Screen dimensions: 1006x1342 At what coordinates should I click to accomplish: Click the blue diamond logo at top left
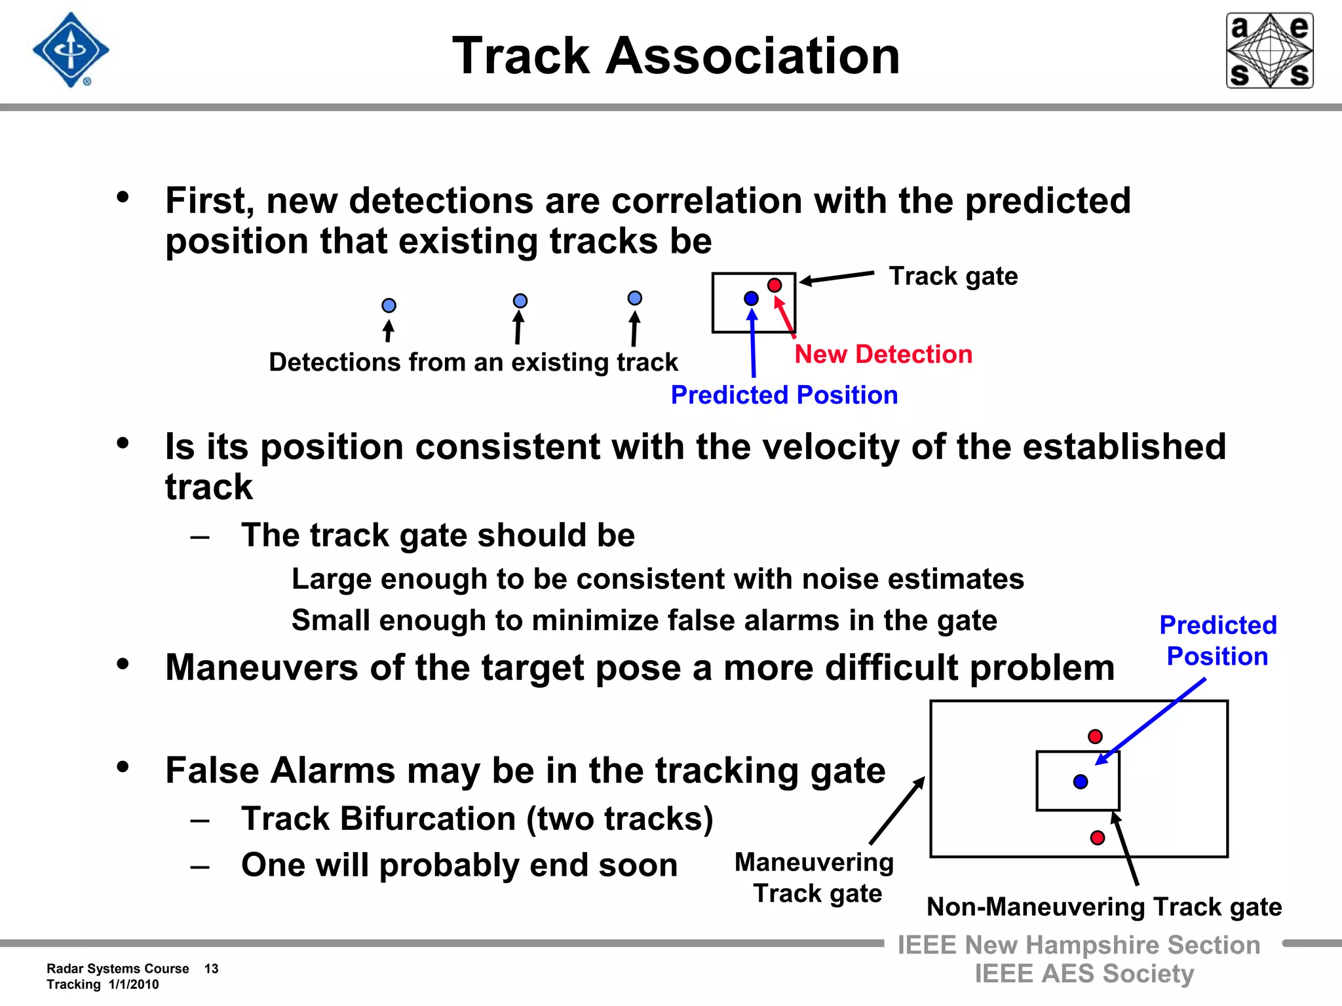click(71, 50)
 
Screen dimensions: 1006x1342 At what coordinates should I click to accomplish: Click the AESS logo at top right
click(1269, 50)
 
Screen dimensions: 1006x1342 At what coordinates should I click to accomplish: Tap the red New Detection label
click(883, 354)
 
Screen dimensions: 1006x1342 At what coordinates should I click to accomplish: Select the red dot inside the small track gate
click(775, 285)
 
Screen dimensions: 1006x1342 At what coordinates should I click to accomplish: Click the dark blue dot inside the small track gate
click(751, 299)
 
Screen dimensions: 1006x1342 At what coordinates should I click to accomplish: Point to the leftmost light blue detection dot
click(389, 305)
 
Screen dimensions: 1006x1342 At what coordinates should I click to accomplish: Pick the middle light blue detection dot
click(520, 301)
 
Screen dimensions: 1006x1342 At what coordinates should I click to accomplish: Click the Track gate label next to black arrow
click(953, 276)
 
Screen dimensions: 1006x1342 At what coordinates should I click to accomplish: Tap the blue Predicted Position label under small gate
click(784, 395)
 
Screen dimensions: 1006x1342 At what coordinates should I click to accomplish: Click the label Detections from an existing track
click(473, 362)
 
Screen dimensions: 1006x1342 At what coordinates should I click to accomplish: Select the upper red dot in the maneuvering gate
click(1095, 736)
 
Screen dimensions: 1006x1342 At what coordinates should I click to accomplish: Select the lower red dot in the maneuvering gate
click(1098, 837)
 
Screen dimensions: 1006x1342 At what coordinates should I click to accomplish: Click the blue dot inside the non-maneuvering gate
click(1081, 781)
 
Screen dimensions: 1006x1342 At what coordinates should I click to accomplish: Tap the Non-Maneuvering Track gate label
click(1103, 907)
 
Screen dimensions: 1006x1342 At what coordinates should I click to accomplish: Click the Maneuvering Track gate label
click(815, 878)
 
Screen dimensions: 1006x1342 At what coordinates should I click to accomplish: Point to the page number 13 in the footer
click(211, 969)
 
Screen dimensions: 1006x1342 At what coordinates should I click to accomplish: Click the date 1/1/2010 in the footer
click(134, 984)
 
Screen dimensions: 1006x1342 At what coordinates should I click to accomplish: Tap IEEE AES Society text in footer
click(1084, 973)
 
